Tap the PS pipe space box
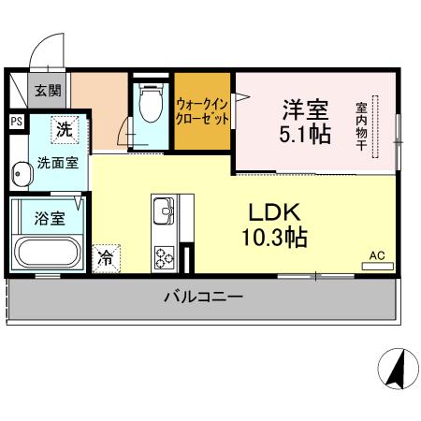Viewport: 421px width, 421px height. (16, 122)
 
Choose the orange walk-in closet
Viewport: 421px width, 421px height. (204, 112)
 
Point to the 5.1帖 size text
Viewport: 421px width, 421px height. (304, 136)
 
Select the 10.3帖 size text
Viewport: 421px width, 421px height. (271, 239)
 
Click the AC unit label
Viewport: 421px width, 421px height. (377, 255)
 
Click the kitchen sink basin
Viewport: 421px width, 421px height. (161, 209)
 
